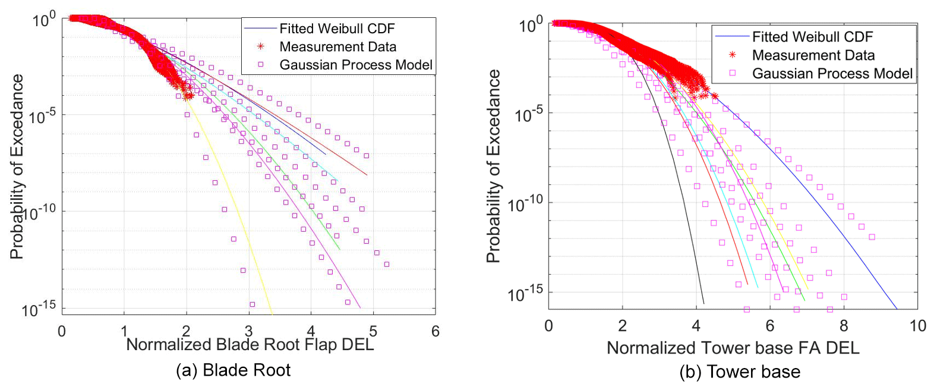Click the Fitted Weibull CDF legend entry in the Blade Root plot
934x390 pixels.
tap(336, 29)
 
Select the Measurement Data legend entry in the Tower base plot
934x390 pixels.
tap(813, 55)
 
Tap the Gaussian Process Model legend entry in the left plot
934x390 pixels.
tap(355, 65)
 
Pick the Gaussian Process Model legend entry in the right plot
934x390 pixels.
tap(832, 74)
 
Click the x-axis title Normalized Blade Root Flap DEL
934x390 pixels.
tap(250, 345)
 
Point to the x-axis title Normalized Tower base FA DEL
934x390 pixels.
tap(733, 348)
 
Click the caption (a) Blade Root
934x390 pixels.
tap(233, 370)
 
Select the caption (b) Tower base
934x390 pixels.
tap(740, 372)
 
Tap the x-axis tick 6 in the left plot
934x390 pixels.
tap(436, 331)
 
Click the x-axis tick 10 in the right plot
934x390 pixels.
tap(917, 326)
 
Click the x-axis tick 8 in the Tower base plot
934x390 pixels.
tap(844, 326)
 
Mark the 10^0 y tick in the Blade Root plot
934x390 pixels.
tap(44, 20)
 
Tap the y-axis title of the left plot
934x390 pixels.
tap(17, 166)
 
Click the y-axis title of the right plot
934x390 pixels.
tap(493, 166)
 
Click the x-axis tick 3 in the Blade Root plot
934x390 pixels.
tap(248, 331)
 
